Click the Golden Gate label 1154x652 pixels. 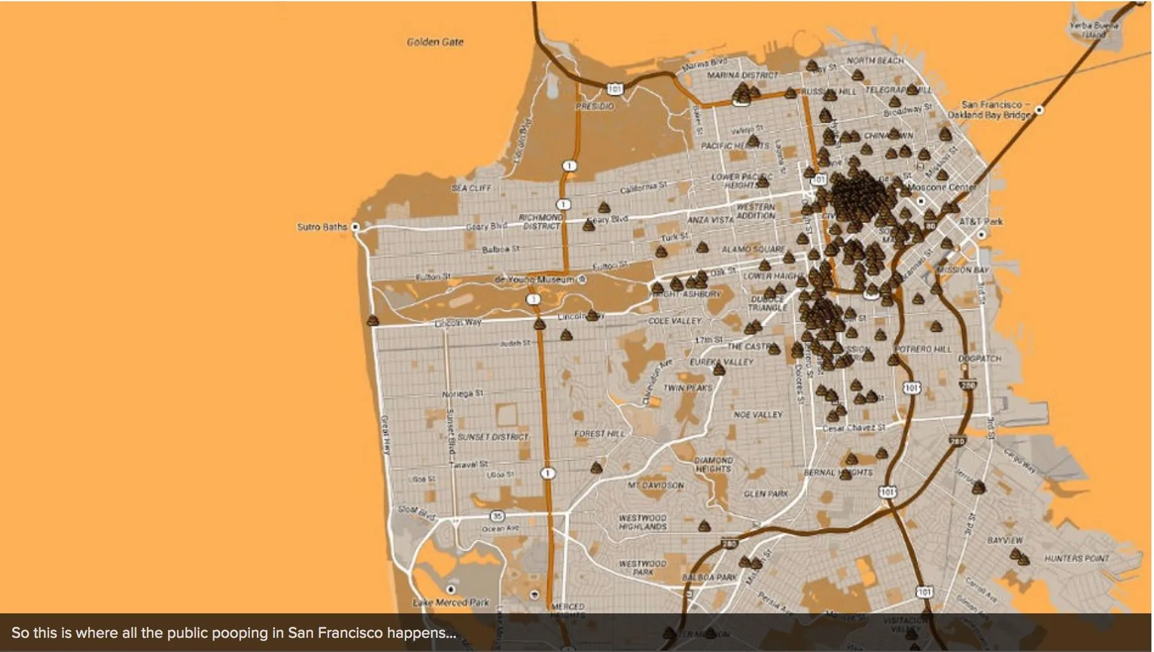[435, 42]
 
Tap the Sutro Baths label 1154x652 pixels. [321, 227]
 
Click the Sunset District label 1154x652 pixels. [493, 437]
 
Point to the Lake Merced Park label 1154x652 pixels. [451, 602]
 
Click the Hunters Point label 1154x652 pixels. [1076, 559]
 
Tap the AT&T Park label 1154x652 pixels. [981, 222]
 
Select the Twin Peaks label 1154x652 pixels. [688, 388]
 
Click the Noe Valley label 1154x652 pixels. [758, 415]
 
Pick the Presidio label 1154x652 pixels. [594, 106]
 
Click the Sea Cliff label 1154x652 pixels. [471, 188]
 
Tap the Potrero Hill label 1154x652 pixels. [922, 349]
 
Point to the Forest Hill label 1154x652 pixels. [599, 434]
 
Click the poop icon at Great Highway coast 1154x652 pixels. [373, 320]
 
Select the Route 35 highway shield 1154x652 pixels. [497, 516]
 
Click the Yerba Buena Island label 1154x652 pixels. [1094, 30]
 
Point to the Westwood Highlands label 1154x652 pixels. [642, 522]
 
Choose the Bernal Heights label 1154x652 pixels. [838, 472]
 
